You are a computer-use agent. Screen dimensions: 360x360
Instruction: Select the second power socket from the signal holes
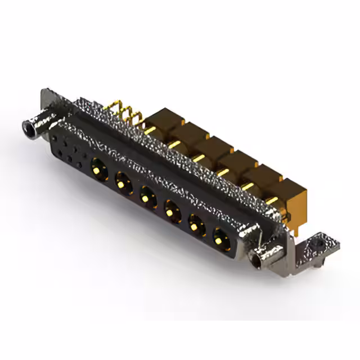pyautogui.click(x=123, y=181)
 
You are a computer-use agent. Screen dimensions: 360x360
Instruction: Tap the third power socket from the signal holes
pyautogui.click(x=147, y=197)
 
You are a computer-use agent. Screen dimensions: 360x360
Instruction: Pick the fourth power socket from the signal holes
pyautogui.click(x=172, y=212)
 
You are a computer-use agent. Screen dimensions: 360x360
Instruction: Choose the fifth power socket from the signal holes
pyautogui.click(x=196, y=227)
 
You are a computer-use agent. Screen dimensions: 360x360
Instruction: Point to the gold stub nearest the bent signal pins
pyautogui.click(x=150, y=130)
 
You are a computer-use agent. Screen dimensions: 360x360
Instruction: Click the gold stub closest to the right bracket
pyautogui.click(x=271, y=200)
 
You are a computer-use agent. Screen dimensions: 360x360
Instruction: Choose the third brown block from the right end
pyautogui.click(x=239, y=163)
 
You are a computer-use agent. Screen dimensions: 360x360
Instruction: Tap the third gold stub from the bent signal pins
pyautogui.click(x=198, y=158)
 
